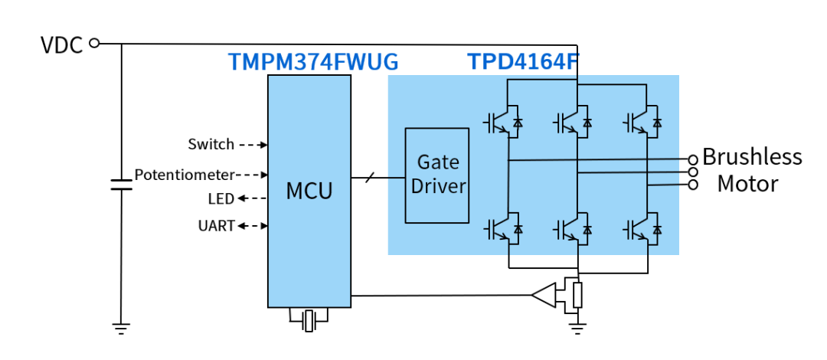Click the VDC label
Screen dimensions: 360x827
pos(60,45)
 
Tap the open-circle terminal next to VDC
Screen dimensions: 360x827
pos(94,44)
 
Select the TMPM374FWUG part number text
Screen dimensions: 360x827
pos(313,62)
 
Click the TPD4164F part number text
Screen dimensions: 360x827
pos(520,62)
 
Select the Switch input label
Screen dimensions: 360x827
pos(211,144)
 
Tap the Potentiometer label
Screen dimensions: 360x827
pos(184,175)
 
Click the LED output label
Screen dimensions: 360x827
pos(221,199)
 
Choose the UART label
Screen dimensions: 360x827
pos(216,226)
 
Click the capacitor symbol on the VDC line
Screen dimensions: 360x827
pos(121,185)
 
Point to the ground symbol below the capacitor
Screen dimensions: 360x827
pos(121,329)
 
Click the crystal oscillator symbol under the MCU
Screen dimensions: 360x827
pos(309,320)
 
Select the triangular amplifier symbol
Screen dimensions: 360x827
pos(544,295)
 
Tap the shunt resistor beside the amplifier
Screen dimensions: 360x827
pos(577,294)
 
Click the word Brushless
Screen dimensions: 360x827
pos(751,157)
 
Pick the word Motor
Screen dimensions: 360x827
pos(747,184)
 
